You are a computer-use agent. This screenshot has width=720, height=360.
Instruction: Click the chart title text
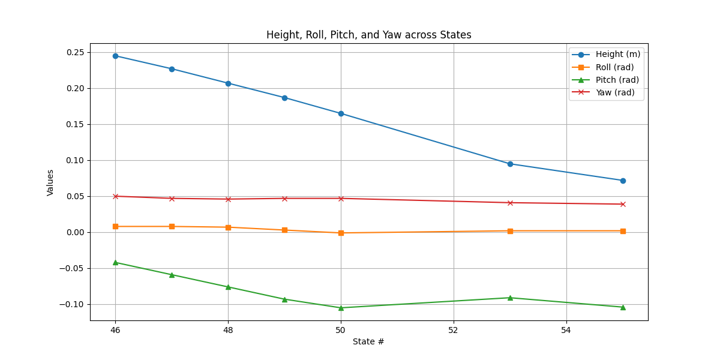click(368, 35)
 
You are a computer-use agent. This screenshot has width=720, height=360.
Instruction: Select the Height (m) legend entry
click(617, 55)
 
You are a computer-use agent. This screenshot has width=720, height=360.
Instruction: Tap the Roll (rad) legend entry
click(614, 67)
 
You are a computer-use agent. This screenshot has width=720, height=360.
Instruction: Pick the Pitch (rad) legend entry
click(617, 80)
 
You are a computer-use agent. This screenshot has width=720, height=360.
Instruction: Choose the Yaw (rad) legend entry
click(615, 92)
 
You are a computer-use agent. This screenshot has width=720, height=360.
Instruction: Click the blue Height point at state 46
click(115, 56)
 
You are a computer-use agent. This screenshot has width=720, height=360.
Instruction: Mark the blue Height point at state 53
click(510, 164)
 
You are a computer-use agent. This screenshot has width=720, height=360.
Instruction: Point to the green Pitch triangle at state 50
click(341, 308)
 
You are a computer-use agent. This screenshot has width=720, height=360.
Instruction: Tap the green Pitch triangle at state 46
click(115, 262)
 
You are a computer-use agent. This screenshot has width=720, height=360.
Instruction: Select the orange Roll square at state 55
click(623, 231)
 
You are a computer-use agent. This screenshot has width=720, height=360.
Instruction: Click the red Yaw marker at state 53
click(510, 203)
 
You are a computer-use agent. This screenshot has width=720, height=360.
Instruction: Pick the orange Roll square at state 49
click(284, 230)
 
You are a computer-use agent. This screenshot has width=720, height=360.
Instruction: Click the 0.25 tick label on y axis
click(75, 52)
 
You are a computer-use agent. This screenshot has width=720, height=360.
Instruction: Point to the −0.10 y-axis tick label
click(73, 304)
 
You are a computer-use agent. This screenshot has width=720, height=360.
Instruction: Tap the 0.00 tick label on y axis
click(75, 232)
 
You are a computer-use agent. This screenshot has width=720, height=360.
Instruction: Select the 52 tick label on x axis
click(454, 330)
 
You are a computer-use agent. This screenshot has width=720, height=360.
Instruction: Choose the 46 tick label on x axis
click(115, 330)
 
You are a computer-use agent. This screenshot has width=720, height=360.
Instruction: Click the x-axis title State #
click(368, 341)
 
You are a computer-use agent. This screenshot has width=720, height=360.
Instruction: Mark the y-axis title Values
click(50, 182)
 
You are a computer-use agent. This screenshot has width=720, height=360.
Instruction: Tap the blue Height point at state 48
click(228, 83)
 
